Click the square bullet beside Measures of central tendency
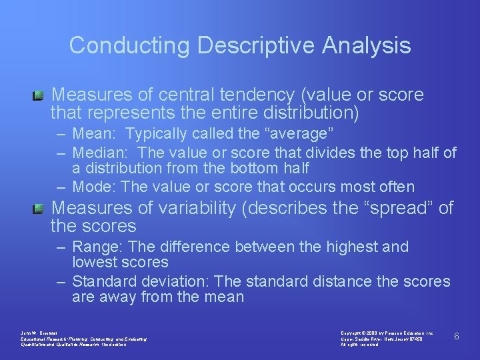coord(39,95)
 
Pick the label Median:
coord(98,153)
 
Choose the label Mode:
coord(95,187)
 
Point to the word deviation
coord(181,281)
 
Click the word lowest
coord(94,262)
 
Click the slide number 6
coord(457,336)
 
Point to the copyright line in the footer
coord(387,332)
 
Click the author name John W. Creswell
coord(41,332)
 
